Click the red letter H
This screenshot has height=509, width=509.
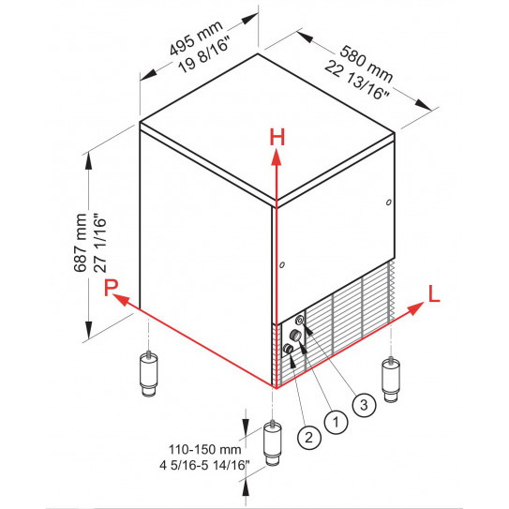coord(277,137)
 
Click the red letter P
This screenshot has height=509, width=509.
coord(112,289)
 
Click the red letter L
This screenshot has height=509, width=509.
coord(433,292)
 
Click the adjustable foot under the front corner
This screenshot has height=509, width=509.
coord(273,444)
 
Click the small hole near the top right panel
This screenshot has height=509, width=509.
coord(387,201)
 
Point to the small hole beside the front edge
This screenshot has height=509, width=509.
coord(281,265)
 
